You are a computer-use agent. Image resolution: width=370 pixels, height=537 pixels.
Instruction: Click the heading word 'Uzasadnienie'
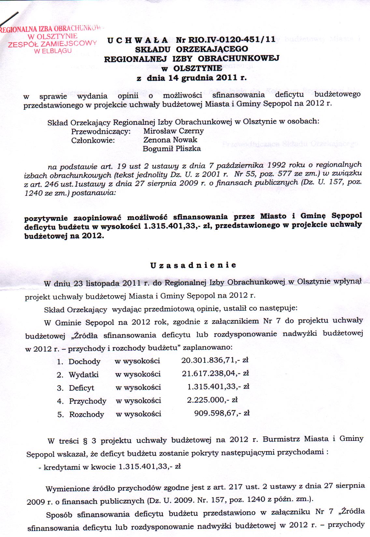(x=193, y=265)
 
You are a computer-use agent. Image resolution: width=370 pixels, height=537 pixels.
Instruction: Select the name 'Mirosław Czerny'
(x=173, y=131)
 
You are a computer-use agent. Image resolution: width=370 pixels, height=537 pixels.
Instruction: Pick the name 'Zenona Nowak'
(x=170, y=140)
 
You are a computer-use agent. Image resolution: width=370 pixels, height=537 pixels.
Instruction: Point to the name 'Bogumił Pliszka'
(x=172, y=149)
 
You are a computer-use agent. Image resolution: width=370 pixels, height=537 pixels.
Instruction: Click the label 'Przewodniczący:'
(x=101, y=131)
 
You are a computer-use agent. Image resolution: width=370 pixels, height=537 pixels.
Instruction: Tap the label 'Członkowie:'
(x=93, y=140)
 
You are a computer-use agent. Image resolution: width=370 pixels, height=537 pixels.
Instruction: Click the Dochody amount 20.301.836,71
(x=215, y=360)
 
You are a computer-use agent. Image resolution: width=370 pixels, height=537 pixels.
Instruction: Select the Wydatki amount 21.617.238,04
(x=215, y=373)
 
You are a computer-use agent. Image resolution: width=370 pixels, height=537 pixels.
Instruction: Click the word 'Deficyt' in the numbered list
(x=81, y=388)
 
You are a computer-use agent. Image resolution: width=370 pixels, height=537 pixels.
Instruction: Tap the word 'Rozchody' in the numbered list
(x=86, y=414)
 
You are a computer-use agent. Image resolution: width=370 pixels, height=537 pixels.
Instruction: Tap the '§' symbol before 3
(x=85, y=441)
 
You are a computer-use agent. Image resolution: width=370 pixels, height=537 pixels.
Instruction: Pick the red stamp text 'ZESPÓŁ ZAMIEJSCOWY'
(x=52, y=44)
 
